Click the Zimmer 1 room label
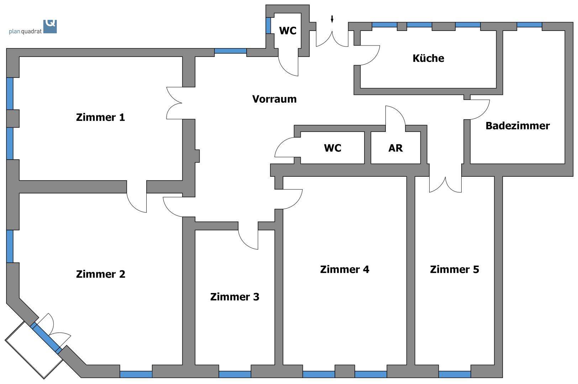coord(100,118)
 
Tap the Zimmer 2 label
coord(101,274)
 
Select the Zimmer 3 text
coord(235,297)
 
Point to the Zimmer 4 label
coord(345,270)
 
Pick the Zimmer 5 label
coord(454,270)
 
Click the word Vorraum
coord(274,99)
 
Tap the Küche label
coord(429,58)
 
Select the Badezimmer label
coord(517,126)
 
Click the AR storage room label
coord(395,148)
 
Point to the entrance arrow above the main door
coord(332,19)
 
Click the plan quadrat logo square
coord(50,27)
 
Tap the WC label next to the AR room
coord(333,148)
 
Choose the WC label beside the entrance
coord(288,31)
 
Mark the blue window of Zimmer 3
coord(235,374)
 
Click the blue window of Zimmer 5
coord(454,374)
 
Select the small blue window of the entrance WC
coord(268,26)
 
